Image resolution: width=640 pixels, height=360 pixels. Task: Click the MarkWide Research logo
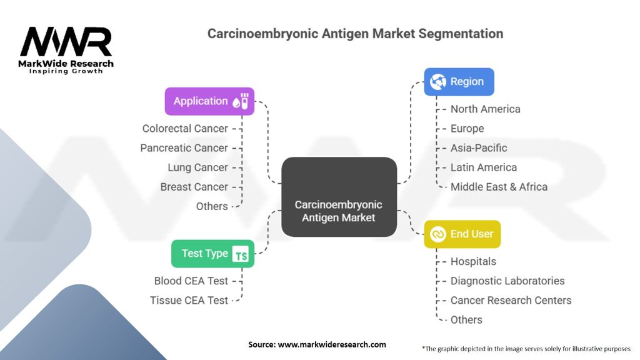[x=67, y=49]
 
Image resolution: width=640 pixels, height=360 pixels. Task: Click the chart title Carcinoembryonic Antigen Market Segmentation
[x=355, y=33]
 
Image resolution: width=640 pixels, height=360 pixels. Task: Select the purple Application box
[x=209, y=101]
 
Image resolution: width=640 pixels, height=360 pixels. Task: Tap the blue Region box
[x=459, y=82]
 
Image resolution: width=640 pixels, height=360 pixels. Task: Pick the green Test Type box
[x=212, y=253]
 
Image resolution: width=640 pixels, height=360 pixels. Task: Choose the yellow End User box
[x=462, y=234]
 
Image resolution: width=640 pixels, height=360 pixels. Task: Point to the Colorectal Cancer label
[x=185, y=128]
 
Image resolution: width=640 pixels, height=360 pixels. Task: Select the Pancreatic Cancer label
[x=184, y=147]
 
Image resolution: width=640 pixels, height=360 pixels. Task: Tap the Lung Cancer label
[x=197, y=167]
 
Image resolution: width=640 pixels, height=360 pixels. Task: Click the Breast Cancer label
[x=194, y=186]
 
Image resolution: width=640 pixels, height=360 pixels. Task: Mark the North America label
[x=485, y=109]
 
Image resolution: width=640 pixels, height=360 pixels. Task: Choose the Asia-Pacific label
[x=479, y=147]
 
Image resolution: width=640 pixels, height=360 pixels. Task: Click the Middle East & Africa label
[x=499, y=186]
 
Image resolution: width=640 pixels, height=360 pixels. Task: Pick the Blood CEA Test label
[x=191, y=281]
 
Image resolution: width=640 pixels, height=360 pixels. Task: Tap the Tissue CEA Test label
[x=189, y=300]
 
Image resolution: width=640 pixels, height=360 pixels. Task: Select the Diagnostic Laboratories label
[x=507, y=281]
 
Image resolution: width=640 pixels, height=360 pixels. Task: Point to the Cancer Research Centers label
[x=511, y=300]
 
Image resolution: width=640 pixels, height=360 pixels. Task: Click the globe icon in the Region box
[x=439, y=82]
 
